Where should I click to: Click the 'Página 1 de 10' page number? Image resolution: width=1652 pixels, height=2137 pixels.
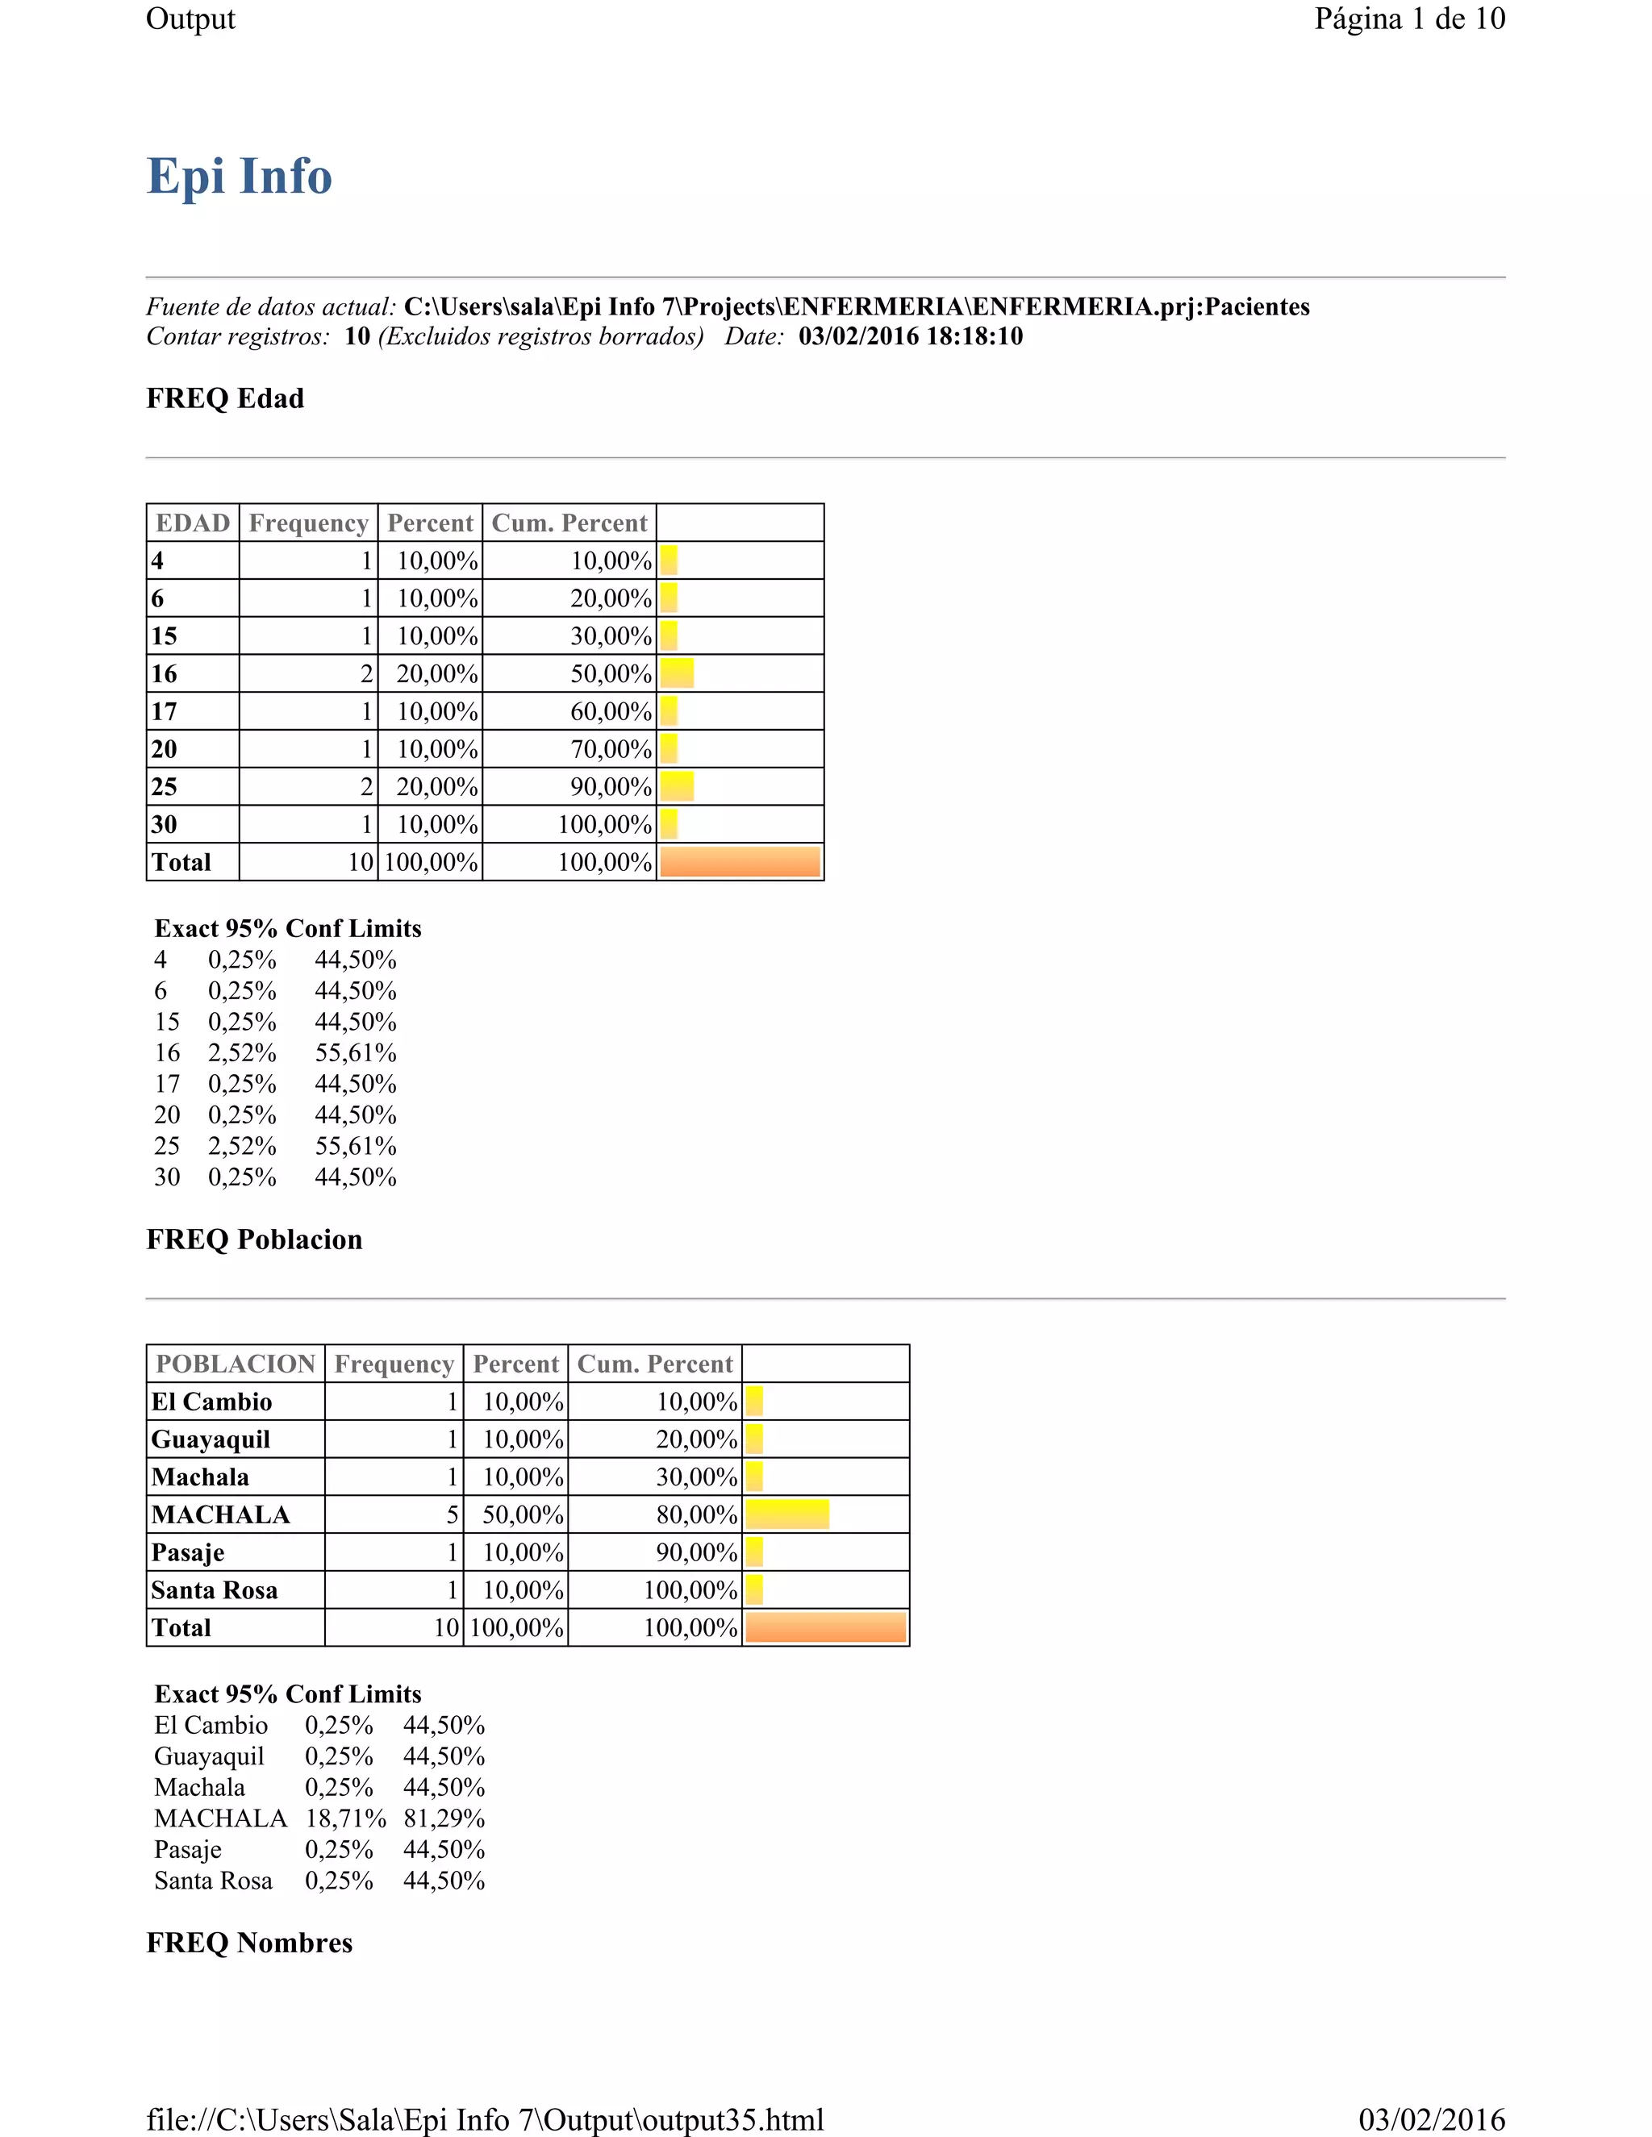pyautogui.click(x=1408, y=19)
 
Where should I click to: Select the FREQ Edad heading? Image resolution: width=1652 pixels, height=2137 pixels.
pyautogui.click(x=225, y=398)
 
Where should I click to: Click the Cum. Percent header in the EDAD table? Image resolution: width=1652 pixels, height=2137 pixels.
pyautogui.click(x=569, y=523)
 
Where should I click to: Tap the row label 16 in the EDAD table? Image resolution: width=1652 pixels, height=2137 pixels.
pyautogui.click(x=165, y=674)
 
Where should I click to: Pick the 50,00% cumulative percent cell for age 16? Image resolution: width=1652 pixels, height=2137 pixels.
pyautogui.click(x=611, y=674)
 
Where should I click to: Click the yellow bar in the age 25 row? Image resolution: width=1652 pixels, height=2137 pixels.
pyautogui.click(x=676, y=787)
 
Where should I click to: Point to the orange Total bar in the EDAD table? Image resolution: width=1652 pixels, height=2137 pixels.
pyautogui.click(x=740, y=862)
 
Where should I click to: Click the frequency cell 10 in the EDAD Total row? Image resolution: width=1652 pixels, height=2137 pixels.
pyautogui.click(x=360, y=862)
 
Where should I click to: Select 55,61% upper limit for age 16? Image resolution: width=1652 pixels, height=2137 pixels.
pyautogui.click(x=355, y=1053)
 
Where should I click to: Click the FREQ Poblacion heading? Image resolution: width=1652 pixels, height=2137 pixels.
pyautogui.click(x=254, y=1239)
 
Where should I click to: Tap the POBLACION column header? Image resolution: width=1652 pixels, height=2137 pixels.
pyautogui.click(x=236, y=1364)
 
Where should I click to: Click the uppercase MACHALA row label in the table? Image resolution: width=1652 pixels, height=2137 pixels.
pyautogui.click(x=220, y=1514)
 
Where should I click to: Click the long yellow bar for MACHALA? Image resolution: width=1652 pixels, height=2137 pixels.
pyautogui.click(x=786, y=1514)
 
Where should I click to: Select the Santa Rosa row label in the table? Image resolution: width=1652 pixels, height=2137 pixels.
pyautogui.click(x=215, y=1590)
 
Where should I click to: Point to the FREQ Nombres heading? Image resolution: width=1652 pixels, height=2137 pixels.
pyautogui.click(x=249, y=1943)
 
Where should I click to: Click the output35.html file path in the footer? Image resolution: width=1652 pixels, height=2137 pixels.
pyautogui.click(x=485, y=2119)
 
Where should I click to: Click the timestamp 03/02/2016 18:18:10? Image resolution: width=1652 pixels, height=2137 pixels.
pyautogui.click(x=910, y=336)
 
